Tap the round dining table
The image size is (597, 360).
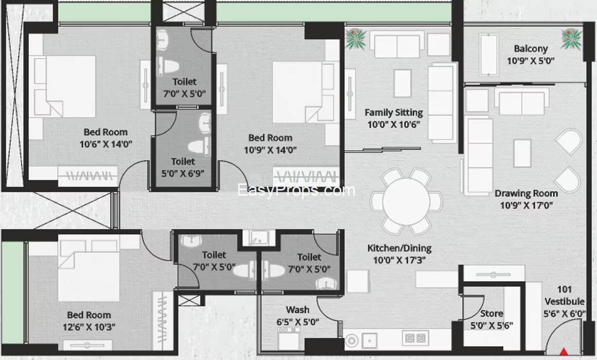(407, 201)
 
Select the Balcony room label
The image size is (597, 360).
(531, 48)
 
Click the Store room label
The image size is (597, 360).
(491, 314)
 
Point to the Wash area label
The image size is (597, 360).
(297, 310)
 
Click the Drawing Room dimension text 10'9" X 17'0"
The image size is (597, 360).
(526, 205)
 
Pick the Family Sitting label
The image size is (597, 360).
(394, 112)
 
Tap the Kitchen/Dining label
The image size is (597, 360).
(399, 248)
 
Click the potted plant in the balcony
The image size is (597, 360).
(571, 39)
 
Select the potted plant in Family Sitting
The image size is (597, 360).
(356, 39)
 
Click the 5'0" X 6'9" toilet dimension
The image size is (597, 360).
(183, 174)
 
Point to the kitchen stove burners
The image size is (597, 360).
(415, 338)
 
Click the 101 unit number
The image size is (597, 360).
(564, 289)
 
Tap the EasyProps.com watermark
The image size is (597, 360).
(296, 190)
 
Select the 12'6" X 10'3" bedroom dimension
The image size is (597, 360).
(89, 327)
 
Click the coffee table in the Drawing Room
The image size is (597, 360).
(522, 153)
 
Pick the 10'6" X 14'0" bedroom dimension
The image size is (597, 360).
(106, 144)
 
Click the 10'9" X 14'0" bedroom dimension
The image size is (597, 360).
(270, 150)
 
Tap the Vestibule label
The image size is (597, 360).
(564, 301)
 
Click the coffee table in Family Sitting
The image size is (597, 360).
(402, 83)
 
